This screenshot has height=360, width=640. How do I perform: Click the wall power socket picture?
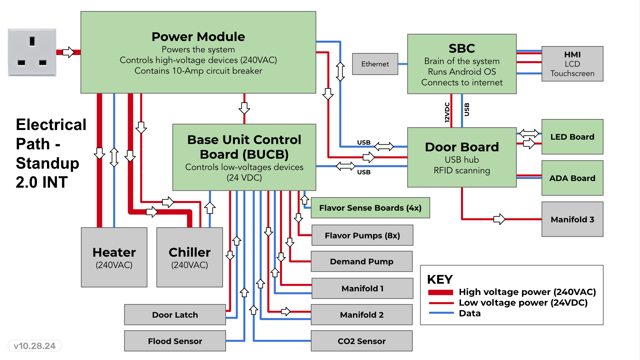click(32, 52)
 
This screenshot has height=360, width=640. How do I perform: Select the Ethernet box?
click(375, 64)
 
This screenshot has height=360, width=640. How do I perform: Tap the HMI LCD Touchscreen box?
click(572, 64)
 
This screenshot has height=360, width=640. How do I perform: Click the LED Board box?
click(572, 137)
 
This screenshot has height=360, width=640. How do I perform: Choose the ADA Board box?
click(572, 178)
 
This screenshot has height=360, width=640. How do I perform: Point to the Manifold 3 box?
click(572, 219)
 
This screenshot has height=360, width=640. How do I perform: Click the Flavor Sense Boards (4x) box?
click(370, 208)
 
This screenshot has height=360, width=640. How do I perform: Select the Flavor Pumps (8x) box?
click(362, 235)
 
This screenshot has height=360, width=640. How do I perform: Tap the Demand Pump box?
click(362, 261)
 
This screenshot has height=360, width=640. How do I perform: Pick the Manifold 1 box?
click(362, 288)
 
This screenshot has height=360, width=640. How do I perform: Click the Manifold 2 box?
click(362, 315)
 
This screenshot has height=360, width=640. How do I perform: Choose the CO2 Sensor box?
click(362, 341)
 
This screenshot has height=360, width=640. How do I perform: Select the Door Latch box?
click(175, 315)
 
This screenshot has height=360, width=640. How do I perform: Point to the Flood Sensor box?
click(175, 341)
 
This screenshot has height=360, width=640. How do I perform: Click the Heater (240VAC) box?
click(114, 257)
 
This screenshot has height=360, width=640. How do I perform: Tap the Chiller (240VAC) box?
click(190, 257)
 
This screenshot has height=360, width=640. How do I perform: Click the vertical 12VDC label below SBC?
click(447, 112)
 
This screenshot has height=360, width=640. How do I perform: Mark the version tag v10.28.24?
click(35, 346)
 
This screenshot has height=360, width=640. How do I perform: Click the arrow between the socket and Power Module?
click(68, 52)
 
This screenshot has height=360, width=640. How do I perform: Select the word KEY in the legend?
click(440, 279)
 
